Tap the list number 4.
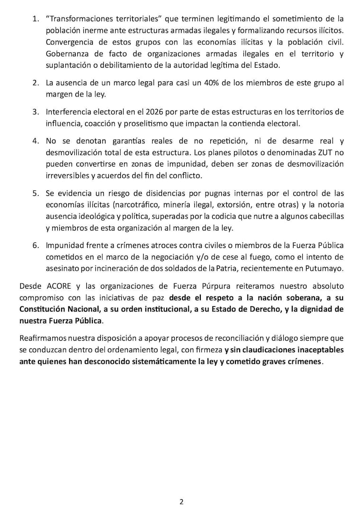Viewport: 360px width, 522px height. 36,142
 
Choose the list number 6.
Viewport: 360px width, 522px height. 36,246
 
